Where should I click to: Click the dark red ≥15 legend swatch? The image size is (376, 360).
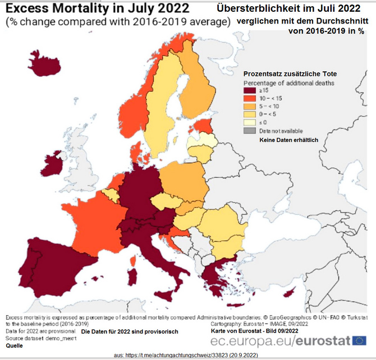[249, 90]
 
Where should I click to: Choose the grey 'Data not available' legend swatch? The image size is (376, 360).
[249, 131]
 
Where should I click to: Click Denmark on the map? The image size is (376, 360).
[135, 151]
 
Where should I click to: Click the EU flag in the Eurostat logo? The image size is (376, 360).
[360, 340]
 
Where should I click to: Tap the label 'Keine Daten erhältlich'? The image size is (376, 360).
[288, 140]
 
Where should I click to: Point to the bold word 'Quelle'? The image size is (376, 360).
[15, 346]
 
